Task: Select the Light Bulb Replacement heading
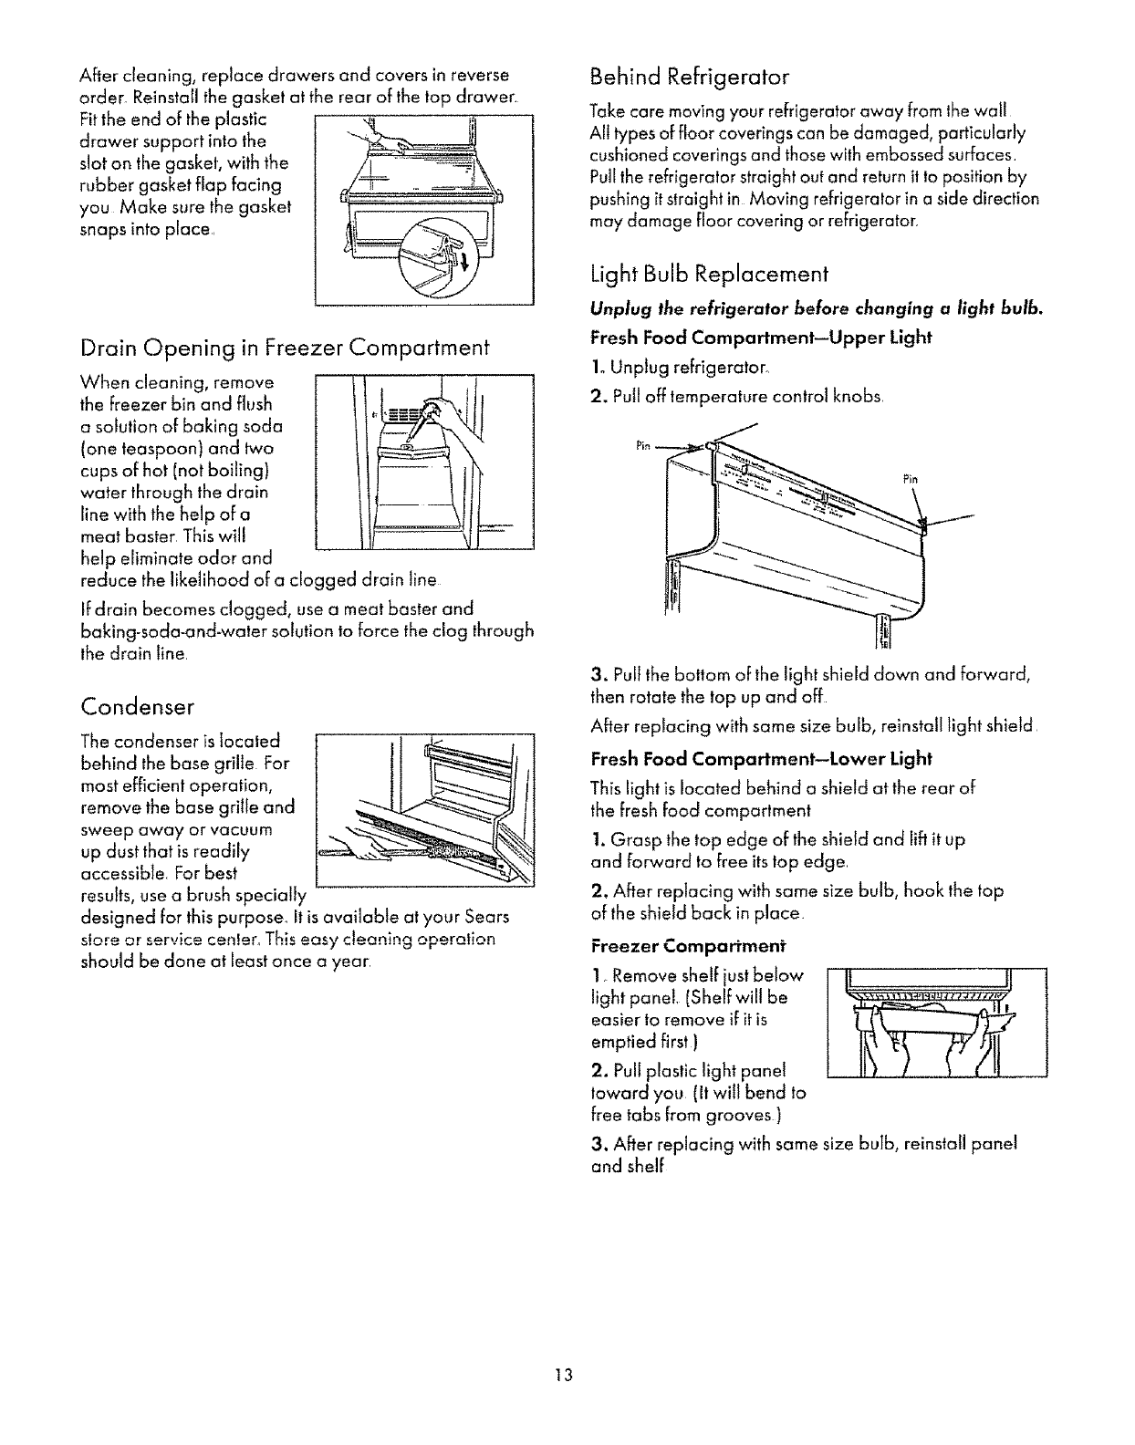click(709, 274)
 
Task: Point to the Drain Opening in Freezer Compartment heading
click(285, 348)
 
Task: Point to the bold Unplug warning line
click(817, 308)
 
